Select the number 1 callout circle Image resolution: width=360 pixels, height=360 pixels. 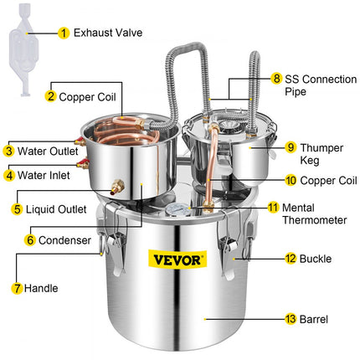click(64, 34)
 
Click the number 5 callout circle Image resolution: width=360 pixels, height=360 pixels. click(18, 208)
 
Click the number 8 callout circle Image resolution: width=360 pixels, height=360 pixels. click(276, 78)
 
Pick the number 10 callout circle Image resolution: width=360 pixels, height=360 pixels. click(290, 179)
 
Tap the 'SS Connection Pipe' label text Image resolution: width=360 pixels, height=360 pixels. click(319, 84)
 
